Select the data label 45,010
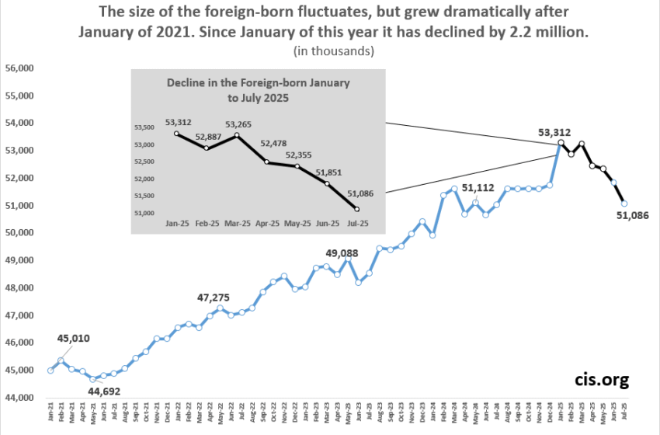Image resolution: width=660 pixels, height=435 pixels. tap(75, 338)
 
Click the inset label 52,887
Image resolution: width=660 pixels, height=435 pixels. tap(211, 137)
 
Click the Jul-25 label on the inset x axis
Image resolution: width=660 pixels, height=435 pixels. tap(357, 223)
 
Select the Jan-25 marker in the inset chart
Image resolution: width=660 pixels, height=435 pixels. tap(176, 134)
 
